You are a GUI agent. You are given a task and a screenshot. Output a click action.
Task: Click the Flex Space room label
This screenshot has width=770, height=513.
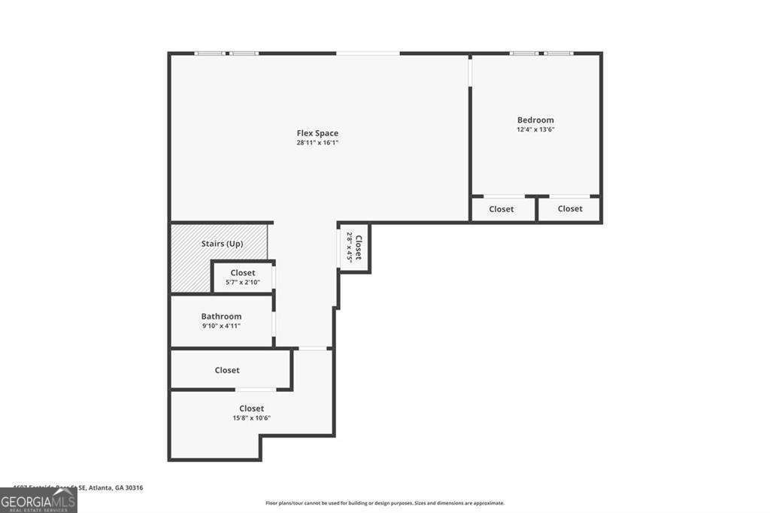[317, 133]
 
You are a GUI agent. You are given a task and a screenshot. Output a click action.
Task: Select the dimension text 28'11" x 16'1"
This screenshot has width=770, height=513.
[317, 143]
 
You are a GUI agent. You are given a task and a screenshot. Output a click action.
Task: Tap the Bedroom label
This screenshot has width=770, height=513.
[535, 120]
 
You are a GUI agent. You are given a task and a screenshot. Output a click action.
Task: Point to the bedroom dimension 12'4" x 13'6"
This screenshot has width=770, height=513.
[535, 129]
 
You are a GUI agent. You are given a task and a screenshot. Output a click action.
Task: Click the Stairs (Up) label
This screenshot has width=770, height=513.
[222, 244]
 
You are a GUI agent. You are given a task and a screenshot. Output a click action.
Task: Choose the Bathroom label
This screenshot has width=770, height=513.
[221, 317]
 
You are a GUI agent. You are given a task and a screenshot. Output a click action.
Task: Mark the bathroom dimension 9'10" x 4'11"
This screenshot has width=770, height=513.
[221, 326]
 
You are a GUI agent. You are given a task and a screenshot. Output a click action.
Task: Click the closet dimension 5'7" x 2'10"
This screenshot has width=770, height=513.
[242, 283]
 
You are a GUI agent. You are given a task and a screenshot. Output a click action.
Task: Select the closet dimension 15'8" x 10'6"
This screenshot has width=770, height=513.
[251, 418]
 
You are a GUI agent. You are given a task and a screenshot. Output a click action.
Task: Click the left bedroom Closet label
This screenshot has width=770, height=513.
[502, 209]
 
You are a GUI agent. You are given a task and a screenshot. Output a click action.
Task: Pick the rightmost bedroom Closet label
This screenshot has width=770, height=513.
[570, 209]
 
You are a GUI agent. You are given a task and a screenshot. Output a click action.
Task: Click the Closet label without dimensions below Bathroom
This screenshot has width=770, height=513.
[227, 370]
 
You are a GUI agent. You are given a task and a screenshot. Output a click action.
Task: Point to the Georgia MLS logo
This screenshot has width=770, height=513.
[38, 501]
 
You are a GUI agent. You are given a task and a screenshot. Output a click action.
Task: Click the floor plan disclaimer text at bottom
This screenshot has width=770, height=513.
[384, 503]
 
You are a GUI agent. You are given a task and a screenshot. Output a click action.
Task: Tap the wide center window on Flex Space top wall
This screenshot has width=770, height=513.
[368, 53]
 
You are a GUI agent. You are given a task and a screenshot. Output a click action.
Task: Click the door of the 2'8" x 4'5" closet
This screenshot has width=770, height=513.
[340, 249]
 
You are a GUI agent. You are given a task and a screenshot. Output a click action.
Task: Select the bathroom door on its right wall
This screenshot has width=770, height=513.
[274, 323]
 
